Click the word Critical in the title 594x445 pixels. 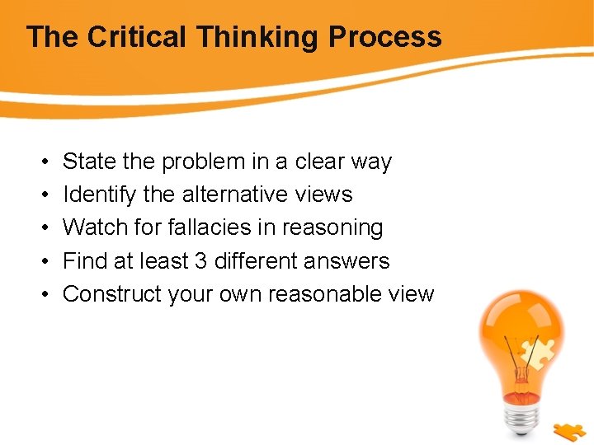coord(137,37)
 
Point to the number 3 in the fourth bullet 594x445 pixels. coord(200,260)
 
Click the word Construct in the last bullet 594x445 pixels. coord(111,293)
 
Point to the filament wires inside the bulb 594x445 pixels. coord(519,363)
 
